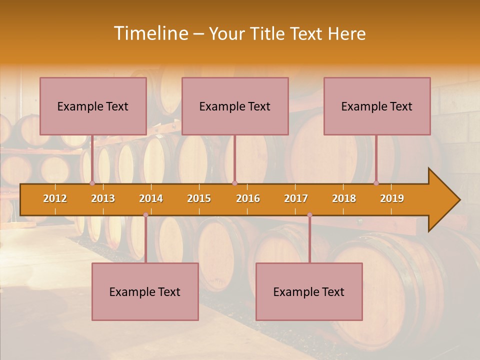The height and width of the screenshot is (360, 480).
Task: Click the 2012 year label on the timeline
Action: click(x=55, y=198)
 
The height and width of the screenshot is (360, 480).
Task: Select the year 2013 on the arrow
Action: click(x=103, y=198)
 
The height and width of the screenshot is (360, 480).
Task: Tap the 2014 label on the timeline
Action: click(x=151, y=198)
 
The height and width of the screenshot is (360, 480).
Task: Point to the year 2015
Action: click(x=199, y=198)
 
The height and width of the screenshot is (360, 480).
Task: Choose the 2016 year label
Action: click(x=248, y=198)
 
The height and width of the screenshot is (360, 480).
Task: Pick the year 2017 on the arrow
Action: click(x=296, y=198)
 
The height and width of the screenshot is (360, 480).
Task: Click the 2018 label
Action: click(x=344, y=198)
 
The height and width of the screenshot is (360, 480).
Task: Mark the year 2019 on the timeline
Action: click(x=392, y=198)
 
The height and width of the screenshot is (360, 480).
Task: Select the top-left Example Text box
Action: click(x=93, y=106)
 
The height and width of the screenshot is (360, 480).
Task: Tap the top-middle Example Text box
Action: click(x=235, y=106)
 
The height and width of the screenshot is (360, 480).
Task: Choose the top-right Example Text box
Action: click(x=377, y=106)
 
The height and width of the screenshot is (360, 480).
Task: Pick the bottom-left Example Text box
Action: click(x=145, y=291)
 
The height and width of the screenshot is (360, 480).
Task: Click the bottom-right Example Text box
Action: click(x=309, y=291)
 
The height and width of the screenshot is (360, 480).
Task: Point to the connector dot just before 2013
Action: click(x=92, y=183)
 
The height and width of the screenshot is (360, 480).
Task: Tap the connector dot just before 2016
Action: click(x=234, y=183)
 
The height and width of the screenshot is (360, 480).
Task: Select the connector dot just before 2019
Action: click(x=376, y=183)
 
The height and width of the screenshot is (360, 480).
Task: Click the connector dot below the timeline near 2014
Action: click(x=145, y=215)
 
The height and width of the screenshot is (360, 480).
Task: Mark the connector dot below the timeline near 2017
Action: click(x=309, y=215)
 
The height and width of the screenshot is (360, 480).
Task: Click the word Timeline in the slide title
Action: click(x=150, y=33)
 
